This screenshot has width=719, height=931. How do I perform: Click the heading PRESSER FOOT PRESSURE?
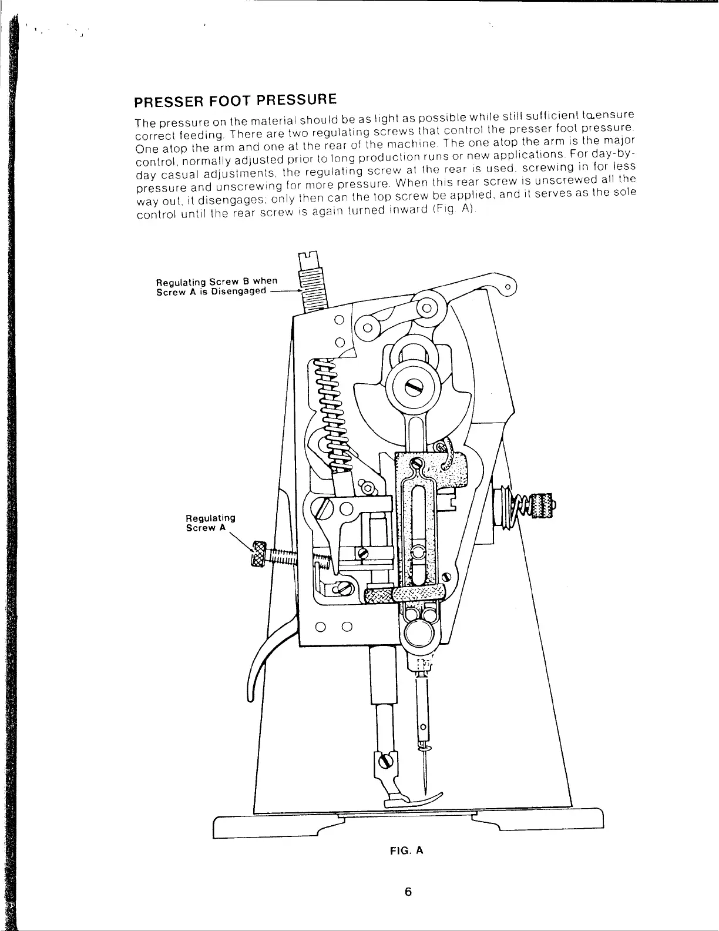point(235,101)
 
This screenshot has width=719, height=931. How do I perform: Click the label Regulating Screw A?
point(210,523)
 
